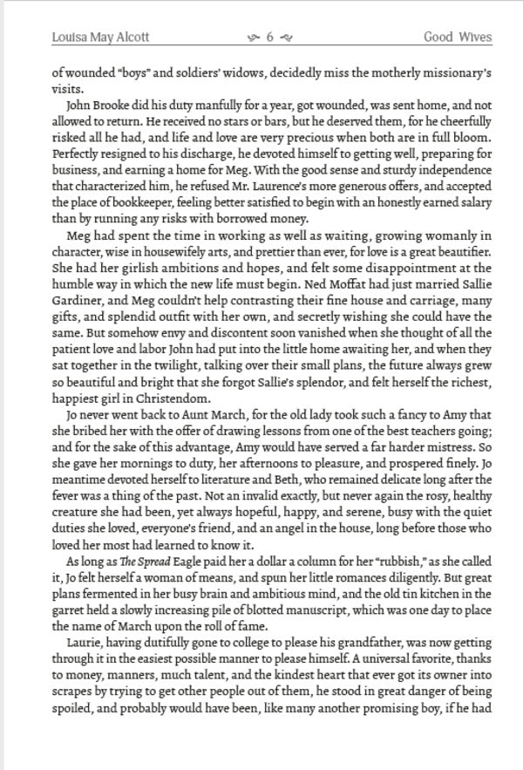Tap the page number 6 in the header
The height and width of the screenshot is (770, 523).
[x=270, y=37]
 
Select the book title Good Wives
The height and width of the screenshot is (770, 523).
[x=458, y=37]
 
